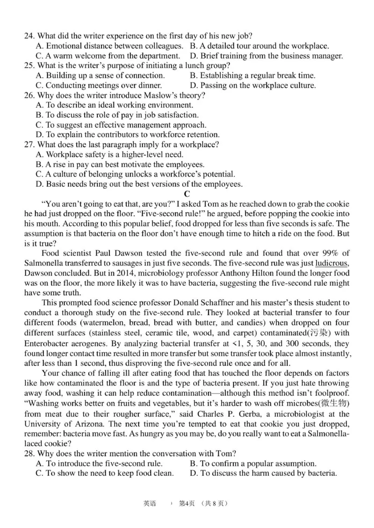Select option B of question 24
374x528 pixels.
259,46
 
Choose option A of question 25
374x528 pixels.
100,75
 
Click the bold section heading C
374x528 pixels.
187,193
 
